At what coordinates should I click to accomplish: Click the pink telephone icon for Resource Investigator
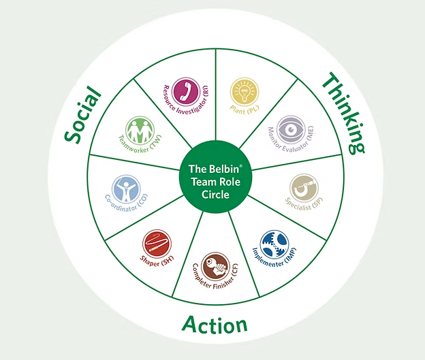click(x=185, y=89)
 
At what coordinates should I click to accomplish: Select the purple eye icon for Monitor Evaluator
click(x=289, y=127)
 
